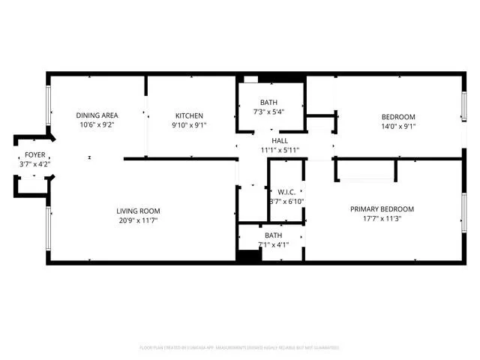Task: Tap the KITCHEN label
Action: [189, 115]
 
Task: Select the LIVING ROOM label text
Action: [138, 211]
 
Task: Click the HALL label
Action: [279, 140]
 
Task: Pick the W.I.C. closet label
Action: [286, 193]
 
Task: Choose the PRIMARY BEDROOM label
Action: [382, 209]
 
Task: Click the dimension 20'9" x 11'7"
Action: [138, 220]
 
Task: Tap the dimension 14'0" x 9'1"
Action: [398, 126]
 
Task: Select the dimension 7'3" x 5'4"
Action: [268, 112]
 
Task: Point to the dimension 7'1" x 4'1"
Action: [272, 244]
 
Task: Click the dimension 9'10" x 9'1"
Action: [189, 125]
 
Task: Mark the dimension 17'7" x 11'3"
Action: [382, 220]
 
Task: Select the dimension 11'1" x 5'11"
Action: [279, 150]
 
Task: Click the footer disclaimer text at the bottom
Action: [239, 348]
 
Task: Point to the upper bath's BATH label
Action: [268, 103]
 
